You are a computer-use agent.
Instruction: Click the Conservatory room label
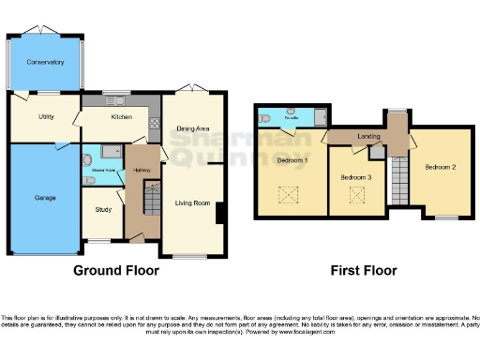point(45,62)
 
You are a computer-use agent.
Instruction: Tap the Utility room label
point(45,117)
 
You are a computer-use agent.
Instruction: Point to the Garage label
point(45,198)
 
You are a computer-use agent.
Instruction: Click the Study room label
point(102,209)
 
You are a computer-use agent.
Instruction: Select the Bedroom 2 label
point(440,167)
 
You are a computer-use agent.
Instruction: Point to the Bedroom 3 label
point(356,176)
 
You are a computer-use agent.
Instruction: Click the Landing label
point(367,137)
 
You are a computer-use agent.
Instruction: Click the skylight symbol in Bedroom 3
point(356,196)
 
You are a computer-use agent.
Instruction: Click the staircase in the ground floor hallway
point(148,198)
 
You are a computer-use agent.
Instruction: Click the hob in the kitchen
point(153,122)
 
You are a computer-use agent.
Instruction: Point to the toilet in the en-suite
point(266,118)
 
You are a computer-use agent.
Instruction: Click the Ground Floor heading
point(116,271)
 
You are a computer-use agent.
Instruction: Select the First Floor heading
point(363,271)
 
